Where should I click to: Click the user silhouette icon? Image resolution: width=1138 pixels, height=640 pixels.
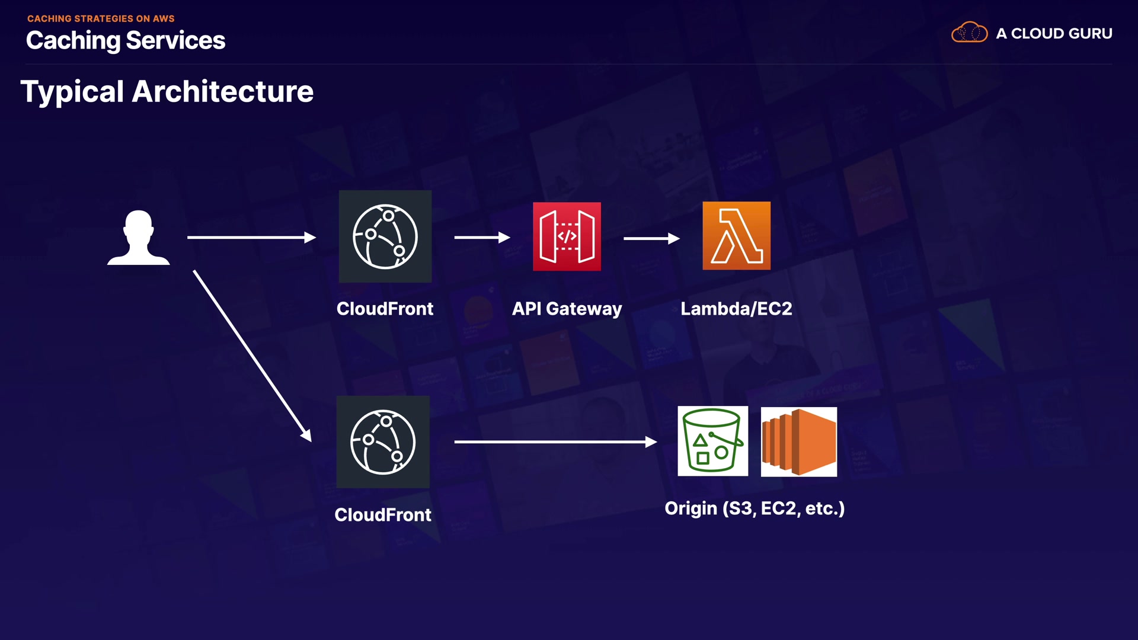[x=139, y=238]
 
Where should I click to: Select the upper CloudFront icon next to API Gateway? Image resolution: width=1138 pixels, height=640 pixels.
[x=385, y=236]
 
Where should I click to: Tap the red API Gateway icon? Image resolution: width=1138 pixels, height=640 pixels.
[x=567, y=236]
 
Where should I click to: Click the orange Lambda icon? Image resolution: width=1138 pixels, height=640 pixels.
[x=736, y=236]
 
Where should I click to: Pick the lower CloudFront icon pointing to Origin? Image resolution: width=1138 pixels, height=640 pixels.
[x=383, y=442]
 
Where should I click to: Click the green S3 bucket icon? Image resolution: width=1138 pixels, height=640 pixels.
[x=712, y=441]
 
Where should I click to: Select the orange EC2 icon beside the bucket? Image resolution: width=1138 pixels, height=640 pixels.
[x=799, y=441]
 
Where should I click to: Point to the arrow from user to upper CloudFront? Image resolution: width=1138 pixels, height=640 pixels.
[x=251, y=238]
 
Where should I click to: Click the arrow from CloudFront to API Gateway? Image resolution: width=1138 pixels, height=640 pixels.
[x=482, y=238]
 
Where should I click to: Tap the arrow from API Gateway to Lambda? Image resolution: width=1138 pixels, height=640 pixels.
[x=651, y=238]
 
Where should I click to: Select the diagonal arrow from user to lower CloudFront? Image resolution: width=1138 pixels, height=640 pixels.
[x=252, y=356]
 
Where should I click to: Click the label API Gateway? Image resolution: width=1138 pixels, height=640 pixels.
[x=567, y=309]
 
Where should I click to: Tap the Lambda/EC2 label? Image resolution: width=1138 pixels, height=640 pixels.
[x=736, y=309]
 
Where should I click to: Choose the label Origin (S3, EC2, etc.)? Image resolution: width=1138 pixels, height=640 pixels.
[x=754, y=508]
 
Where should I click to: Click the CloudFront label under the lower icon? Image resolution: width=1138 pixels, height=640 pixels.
[x=383, y=515]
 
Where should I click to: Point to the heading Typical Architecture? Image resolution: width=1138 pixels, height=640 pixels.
[x=167, y=92]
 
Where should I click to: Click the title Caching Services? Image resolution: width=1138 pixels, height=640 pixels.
[x=126, y=40]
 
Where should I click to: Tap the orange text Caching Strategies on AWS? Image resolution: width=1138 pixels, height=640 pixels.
[x=101, y=18]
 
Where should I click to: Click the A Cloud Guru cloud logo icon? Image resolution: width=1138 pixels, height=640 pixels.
[x=969, y=33]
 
